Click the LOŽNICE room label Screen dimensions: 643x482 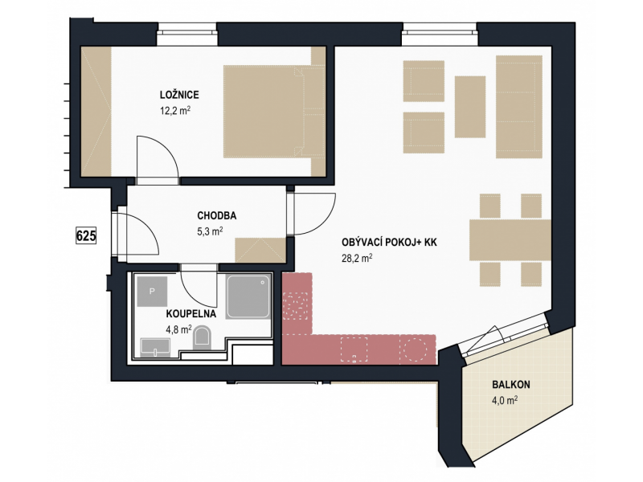click(179, 95)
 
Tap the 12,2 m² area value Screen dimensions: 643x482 click(175, 111)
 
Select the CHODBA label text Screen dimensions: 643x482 click(216, 215)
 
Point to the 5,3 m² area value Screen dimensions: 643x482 click(210, 231)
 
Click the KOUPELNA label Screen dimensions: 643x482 click(191, 314)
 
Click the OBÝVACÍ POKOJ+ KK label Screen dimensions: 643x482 click(389, 243)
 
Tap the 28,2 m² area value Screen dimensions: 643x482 click(357, 258)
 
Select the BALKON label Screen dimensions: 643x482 click(511, 385)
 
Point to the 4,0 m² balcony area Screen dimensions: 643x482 click(505, 400)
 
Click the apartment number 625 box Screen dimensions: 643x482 click(86, 235)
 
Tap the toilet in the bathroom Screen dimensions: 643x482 click(202, 337)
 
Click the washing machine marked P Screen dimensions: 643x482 click(152, 292)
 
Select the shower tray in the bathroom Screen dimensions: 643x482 click(248, 296)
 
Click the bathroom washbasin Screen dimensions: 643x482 click(155, 348)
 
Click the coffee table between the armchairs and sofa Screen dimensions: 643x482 click(470, 107)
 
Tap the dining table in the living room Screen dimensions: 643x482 click(510, 240)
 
